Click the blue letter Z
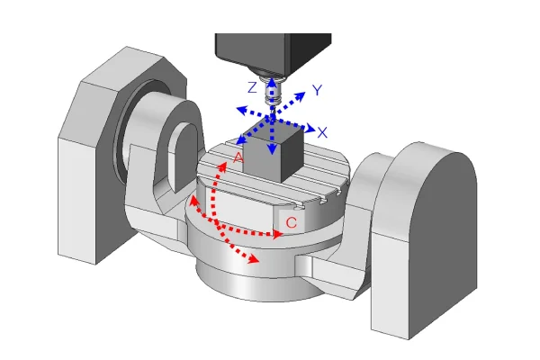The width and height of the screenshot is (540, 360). tap(252, 87)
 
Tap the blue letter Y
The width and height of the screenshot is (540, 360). tap(317, 90)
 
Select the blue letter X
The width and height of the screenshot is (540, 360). tap(322, 132)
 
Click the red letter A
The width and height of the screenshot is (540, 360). tap(238, 157)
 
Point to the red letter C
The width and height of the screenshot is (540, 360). tap(292, 222)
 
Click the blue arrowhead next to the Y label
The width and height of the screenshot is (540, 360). tap(300, 96)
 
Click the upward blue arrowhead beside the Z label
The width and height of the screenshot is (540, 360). tap(272, 83)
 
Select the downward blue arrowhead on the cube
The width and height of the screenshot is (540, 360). tap(273, 149)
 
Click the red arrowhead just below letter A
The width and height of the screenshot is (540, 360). tap(222, 167)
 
